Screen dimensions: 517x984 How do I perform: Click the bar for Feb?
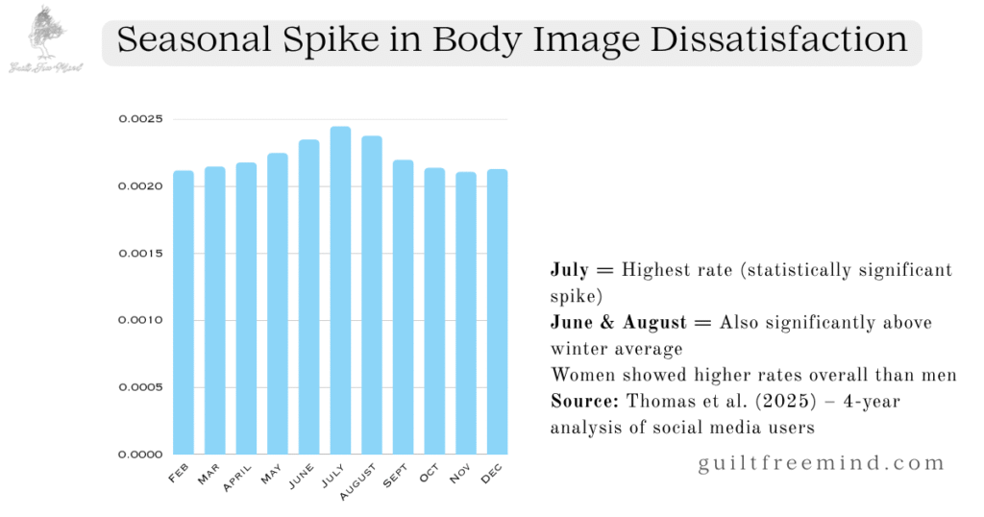point(184,312)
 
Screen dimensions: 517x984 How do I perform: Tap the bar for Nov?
point(465,313)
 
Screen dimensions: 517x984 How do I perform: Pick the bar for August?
point(371,295)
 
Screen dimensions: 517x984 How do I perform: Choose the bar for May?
point(278,304)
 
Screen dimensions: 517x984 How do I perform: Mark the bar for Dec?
point(497,311)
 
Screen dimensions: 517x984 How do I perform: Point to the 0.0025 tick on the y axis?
point(140,119)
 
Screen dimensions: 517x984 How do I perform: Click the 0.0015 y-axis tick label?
point(140,253)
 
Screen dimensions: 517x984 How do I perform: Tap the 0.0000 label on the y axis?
point(140,454)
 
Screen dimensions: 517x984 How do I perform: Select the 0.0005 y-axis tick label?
point(140,387)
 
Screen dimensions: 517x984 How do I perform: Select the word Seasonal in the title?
point(191,40)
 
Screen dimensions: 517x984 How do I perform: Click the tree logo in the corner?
point(44,33)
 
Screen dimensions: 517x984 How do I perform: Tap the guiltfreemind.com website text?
point(822,463)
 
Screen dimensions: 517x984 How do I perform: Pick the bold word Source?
point(579,400)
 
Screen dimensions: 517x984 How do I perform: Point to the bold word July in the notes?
point(569,270)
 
